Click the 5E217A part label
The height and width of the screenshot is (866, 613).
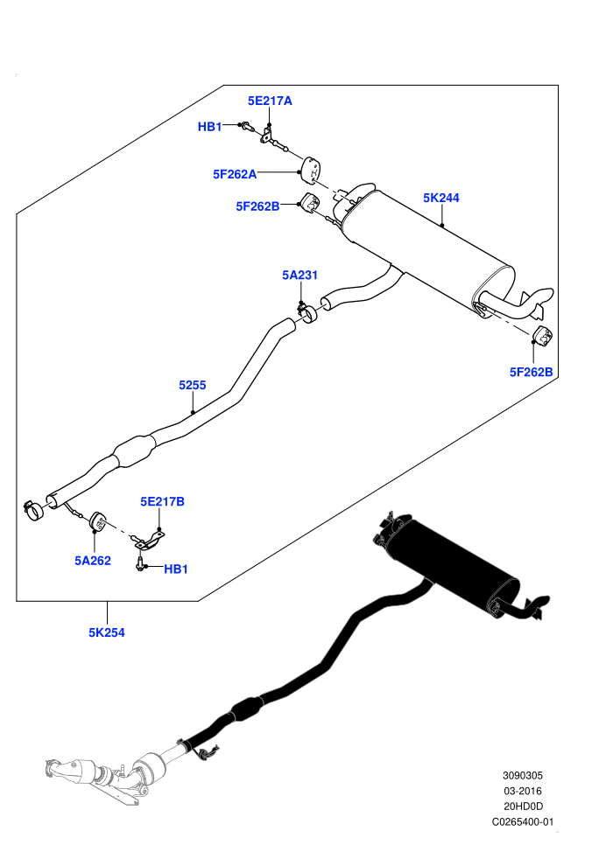click(270, 101)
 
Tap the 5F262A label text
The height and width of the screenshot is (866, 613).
click(235, 175)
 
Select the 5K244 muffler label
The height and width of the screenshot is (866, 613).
click(441, 198)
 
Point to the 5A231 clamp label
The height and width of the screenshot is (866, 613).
click(300, 275)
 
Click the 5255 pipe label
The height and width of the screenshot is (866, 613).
click(193, 385)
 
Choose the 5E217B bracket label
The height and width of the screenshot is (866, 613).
click(163, 501)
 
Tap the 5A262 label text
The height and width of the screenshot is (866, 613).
click(93, 561)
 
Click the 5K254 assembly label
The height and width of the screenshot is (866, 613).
click(107, 633)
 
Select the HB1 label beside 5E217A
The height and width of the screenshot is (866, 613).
click(209, 127)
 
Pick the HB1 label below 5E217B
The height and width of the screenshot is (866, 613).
click(176, 569)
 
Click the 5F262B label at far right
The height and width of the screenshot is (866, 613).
click(532, 373)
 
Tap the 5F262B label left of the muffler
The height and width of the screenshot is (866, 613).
click(257, 206)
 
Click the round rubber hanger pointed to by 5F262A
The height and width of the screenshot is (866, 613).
click(312, 169)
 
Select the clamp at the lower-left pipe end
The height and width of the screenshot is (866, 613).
click(34, 511)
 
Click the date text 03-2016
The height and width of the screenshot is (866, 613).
click(522, 791)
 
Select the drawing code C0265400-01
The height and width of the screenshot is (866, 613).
click(522, 821)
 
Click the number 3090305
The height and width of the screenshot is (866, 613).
click(522, 775)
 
